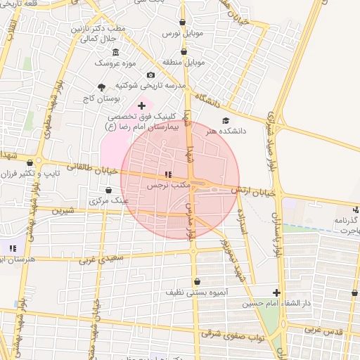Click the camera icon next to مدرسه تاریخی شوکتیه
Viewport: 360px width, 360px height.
(150, 75)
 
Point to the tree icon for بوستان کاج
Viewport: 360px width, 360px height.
(102, 87)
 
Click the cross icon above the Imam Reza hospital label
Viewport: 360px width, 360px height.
(141, 105)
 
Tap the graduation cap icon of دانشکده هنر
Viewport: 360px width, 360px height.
(226, 121)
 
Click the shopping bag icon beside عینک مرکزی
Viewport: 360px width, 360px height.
(107, 190)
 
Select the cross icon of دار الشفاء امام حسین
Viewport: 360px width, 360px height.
(276, 292)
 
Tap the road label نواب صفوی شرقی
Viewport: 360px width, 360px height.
(233, 335)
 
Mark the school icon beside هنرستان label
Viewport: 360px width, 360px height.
(12, 247)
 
